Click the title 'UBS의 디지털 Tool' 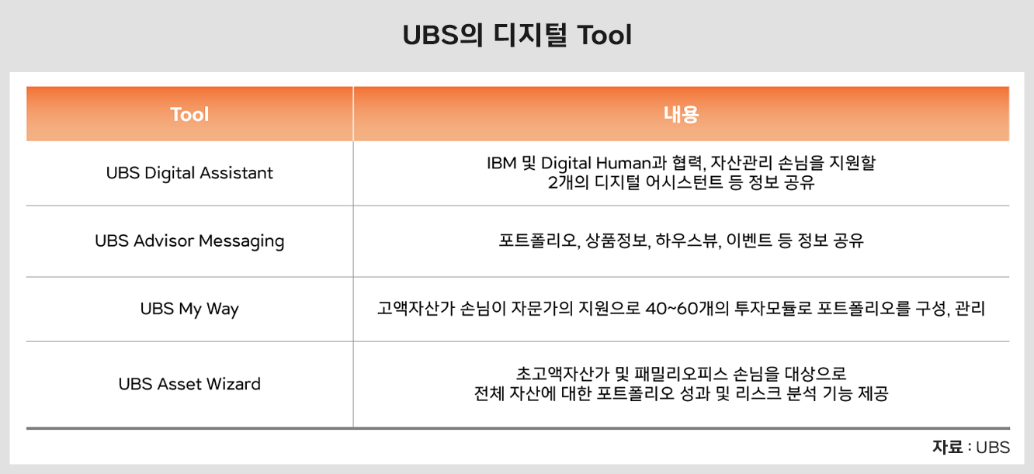[517, 35]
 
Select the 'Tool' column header [189, 114]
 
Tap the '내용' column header [681, 114]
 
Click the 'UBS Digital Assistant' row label [189, 173]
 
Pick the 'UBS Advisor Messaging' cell [189, 241]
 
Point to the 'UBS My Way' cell [189, 309]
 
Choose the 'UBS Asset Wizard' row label [189, 384]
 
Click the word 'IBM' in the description [501, 163]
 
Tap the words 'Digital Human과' [604, 163]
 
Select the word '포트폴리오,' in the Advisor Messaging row [540, 240]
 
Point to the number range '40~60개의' [687, 309]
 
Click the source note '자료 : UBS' [971, 448]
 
